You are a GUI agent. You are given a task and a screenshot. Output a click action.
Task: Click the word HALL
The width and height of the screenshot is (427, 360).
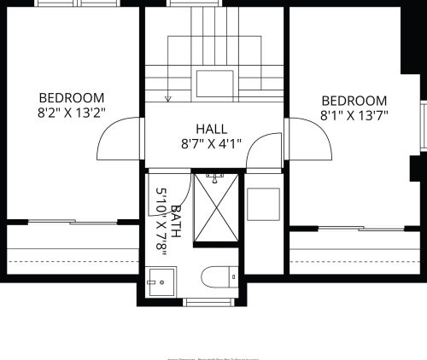pyautogui.click(x=211, y=127)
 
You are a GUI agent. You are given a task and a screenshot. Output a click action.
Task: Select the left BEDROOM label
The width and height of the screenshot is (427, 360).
pyautogui.click(x=71, y=97)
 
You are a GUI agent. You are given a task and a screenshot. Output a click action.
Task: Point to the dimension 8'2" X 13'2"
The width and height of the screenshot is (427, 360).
pyautogui.click(x=71, y=112)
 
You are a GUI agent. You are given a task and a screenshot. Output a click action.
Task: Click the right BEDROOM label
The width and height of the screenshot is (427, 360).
pyautogui.click(x=354, y=101)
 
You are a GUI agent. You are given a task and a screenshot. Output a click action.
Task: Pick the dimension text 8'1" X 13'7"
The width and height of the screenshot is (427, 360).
pyautogui.click(x=354, y=115)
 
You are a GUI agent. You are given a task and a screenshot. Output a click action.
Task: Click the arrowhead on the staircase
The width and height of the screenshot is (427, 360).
pyautogui.click(x=168, y=99)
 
